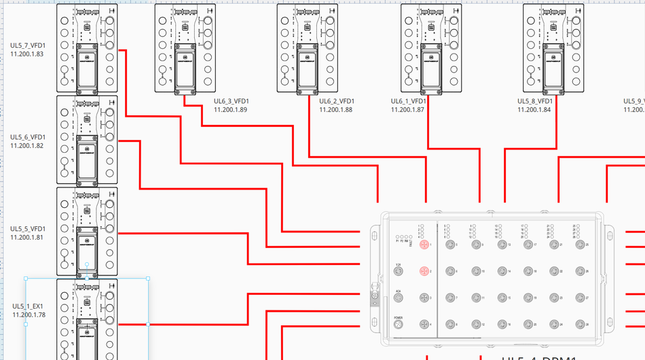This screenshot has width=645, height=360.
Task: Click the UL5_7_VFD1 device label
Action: click(28, 46)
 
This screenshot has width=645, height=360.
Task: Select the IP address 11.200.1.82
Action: click(28, 145)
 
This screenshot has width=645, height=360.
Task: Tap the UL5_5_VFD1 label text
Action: click(28, 229)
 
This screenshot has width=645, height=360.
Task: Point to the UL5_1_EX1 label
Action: click(28, 306)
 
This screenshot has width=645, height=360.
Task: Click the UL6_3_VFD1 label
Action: click(231, 101)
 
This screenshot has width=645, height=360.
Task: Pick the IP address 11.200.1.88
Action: click(336, 109)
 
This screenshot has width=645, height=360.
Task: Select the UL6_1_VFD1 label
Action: click(408, 101)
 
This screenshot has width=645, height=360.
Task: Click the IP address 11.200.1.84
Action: click(534, 109)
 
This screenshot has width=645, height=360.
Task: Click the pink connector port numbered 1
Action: click(424, 245)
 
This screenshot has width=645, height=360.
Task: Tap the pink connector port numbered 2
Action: click(424, 272)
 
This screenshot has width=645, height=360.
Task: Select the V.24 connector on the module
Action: click(399, 272)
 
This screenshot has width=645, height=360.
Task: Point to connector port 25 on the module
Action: click(579, 245)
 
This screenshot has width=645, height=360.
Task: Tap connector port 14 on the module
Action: click(502, 272)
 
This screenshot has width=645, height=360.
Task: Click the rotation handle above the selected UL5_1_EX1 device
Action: click(87, 264)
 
